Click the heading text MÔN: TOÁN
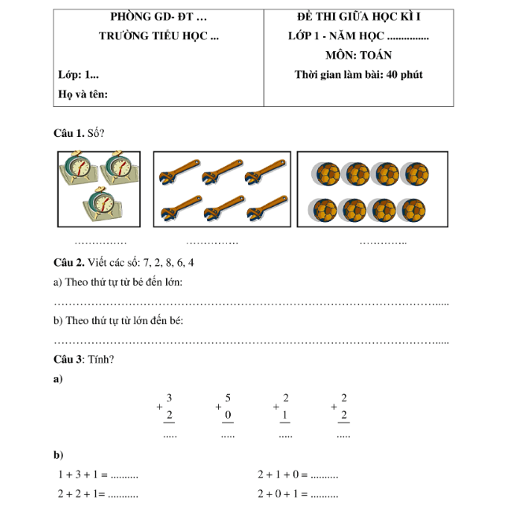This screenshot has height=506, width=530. click(358, 56)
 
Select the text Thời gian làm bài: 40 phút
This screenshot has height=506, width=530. click(358, 76)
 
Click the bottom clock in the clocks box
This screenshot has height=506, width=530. click(100, 203)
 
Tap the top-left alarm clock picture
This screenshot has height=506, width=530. click(79, 166)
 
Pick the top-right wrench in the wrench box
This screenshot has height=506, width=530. click(265, 171)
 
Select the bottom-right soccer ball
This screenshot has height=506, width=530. click(413, 210)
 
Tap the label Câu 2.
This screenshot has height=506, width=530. click(69, 262)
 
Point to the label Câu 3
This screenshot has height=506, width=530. click(69, 360)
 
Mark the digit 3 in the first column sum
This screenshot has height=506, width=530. click(170, 399)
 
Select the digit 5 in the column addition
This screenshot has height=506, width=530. click(228, 399)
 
